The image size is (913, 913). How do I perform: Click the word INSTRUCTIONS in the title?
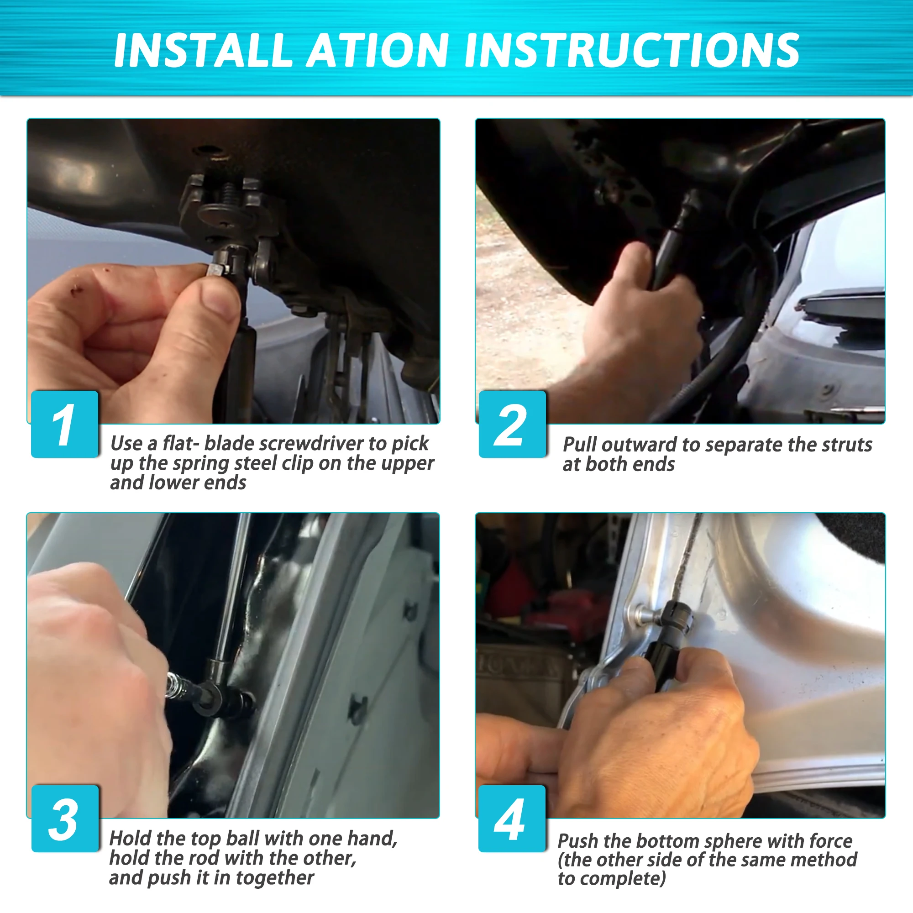(x=632, y=50)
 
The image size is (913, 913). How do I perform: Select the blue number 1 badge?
(x=65, y=424)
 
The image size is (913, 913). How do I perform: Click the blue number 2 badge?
(x=512, y=424)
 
